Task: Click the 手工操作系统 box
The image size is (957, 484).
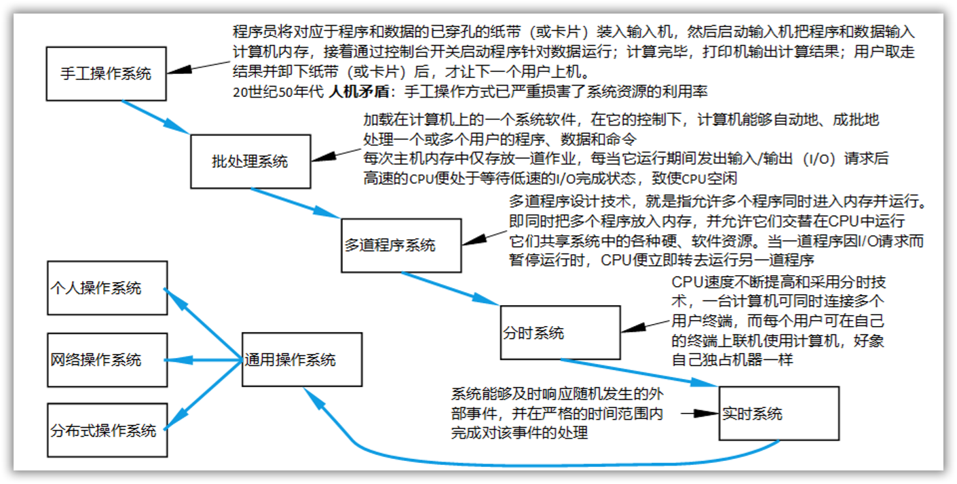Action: (107, 74)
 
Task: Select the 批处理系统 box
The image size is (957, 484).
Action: (250, 161)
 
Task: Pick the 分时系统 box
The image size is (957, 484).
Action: (560, 333)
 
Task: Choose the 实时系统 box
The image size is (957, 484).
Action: (778, 414)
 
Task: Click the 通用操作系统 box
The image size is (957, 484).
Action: (302, 359)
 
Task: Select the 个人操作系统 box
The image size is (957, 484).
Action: (107, 287)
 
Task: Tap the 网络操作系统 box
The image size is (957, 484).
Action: (107, 359)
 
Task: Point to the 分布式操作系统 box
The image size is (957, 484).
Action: (107, 430)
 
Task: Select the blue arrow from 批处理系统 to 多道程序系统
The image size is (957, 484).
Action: (295, 203)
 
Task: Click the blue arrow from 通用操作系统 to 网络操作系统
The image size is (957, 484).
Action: (204, 359)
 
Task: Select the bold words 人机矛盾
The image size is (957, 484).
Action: (352, 90)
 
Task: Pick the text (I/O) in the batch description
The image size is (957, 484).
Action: (815, 160)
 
